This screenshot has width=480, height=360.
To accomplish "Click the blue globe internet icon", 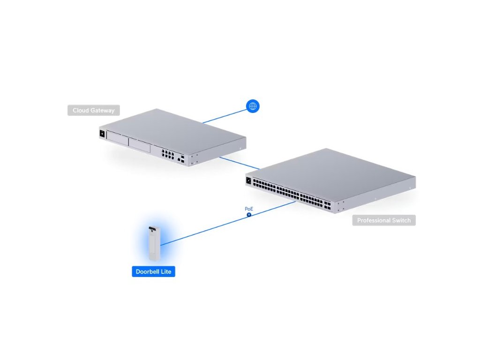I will (x=253, y=106).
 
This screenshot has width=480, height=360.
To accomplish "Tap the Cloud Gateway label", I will (x=94, y=111).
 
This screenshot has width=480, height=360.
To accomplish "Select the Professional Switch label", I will (x=383, y=220).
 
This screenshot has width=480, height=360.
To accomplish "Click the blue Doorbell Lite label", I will (x=153, y=271).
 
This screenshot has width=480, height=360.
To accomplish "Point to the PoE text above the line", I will (x=249, y=209).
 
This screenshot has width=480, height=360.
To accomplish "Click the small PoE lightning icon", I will (x=249, y=215).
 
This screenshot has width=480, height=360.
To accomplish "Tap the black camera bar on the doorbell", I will (x=152, y=230).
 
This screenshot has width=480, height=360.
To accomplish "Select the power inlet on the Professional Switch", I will (x=248, y=180).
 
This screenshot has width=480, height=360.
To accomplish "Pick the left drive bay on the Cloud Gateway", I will (x=117, y=140).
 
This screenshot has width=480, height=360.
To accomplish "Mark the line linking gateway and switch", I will (x=239, y=163).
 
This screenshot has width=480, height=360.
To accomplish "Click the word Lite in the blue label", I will (x=166, y=271).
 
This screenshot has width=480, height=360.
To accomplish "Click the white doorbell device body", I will (x=153, y=246).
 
